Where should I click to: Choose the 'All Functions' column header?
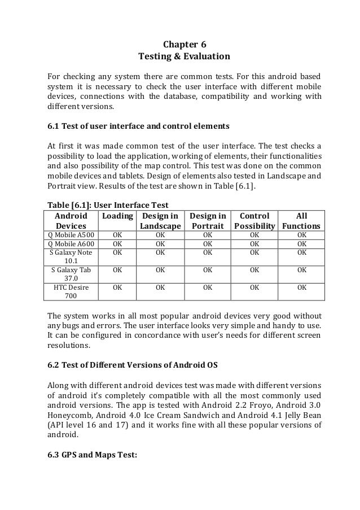(x=301, y=221)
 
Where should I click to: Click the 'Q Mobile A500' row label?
(x=71, y=235)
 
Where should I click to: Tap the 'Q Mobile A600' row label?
(x=71, y=244)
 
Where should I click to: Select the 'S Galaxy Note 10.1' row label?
(x=71, y=257)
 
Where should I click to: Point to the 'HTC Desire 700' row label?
(x=71, y=291)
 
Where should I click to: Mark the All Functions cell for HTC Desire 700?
(x=301, y=287)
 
